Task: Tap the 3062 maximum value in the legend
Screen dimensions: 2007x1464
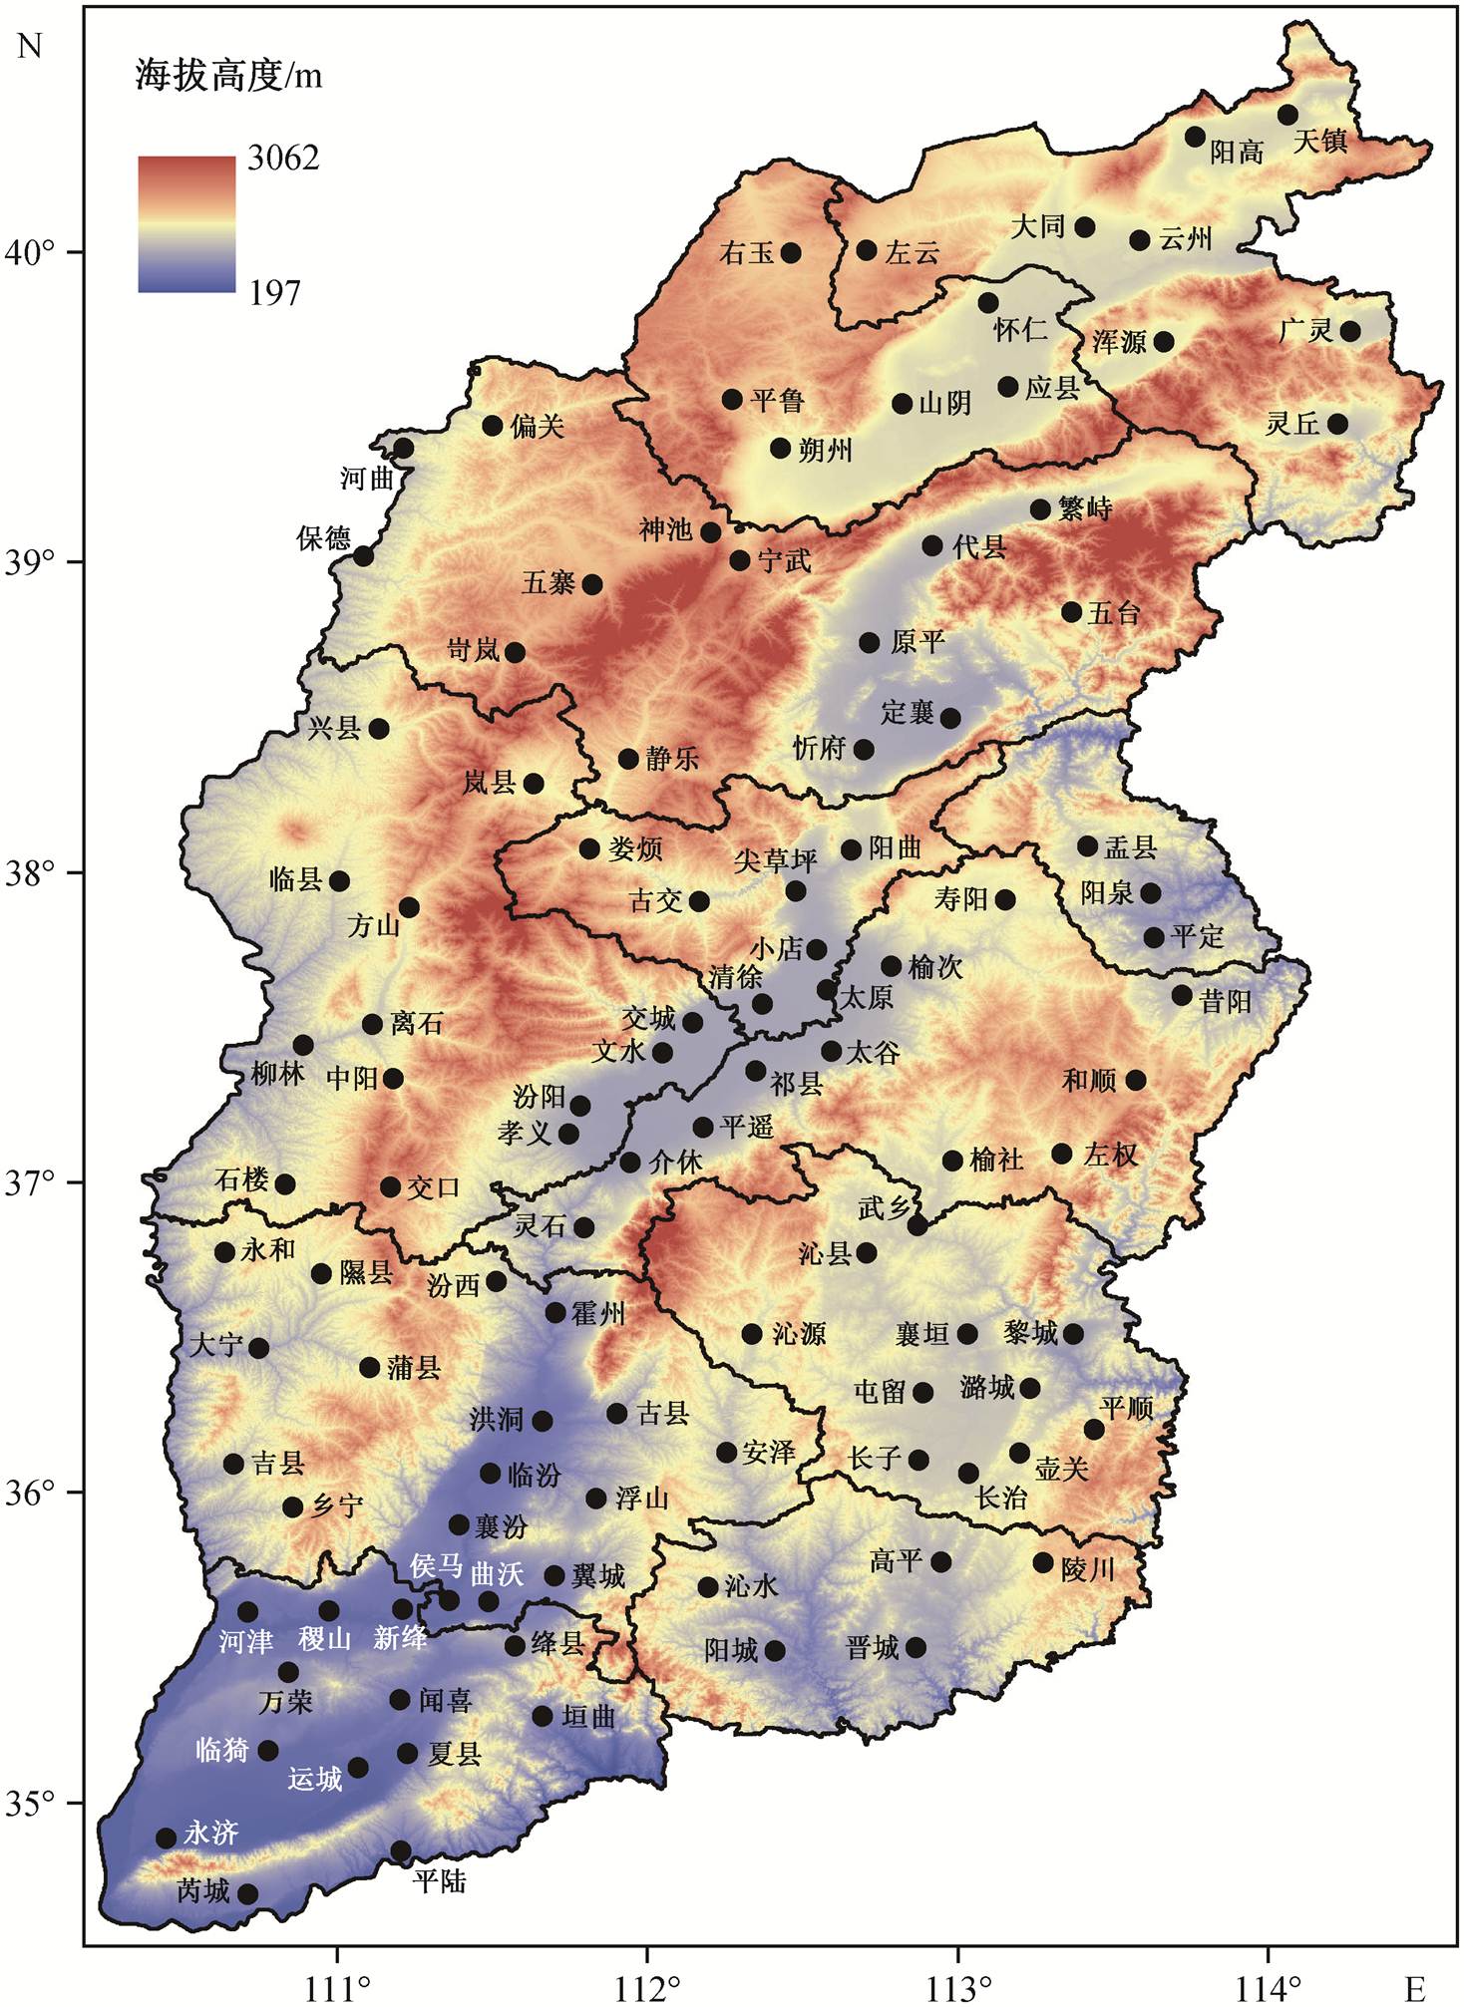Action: pyautogui.click(x=283, y=158)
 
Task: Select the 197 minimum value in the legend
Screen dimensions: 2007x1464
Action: pyautogui.click(x=274, y=292)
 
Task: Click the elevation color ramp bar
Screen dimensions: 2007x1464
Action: pyautogui.click(x=186, y=224)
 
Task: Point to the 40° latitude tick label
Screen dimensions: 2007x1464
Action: pyautogui.click(x=29, y=252)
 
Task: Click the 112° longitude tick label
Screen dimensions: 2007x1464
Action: pyautogui.click(x=647, y=1984)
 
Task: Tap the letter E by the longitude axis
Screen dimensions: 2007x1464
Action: pyautogui.click(x=1415, y=1986)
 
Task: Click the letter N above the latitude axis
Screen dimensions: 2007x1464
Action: pyautogui.click(x=29, y=46)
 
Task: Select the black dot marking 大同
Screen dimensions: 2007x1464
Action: pyautogui.click(x=1085, y=227)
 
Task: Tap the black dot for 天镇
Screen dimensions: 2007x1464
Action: pyautogui.click(x=1287, y=115)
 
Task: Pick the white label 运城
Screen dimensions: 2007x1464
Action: pyautogui.click(x=315, y=1778)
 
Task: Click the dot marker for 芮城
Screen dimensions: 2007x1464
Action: pyautogui.click(x=248, y=1893)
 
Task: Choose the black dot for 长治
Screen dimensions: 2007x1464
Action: pyautogui.click(x=968, y=1473)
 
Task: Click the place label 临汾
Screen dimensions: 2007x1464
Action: pyautogui.click(x=535, y=1475)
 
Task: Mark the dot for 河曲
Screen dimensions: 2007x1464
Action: pyautogui.click(x=403, y=449)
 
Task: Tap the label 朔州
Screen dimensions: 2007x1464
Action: pyautogui.click(x=826, y=451)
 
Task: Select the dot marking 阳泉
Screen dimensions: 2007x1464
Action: pyautogui.click(x=1151, y=892)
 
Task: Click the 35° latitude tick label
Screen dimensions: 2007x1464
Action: pyautogui.click(x=29, y=1804)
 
